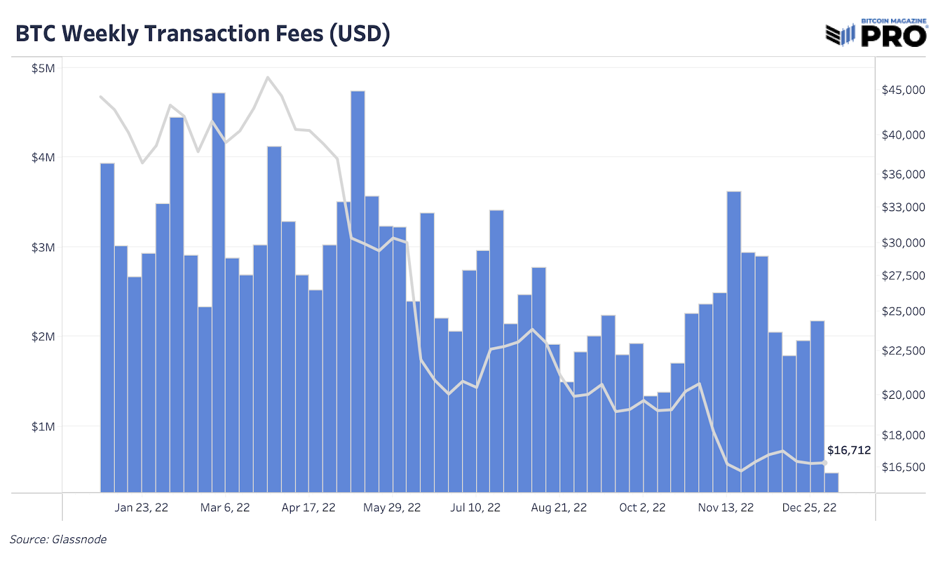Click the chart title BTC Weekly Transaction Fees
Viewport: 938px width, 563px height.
202,33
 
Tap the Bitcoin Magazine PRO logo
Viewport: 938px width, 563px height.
876,34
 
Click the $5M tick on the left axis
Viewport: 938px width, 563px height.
43,69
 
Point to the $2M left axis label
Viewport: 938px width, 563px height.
43,337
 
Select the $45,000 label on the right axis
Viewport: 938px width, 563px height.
903,90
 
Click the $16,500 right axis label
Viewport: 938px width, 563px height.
903,467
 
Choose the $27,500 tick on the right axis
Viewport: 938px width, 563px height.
903,276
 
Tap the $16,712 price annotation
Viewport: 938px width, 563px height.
848,450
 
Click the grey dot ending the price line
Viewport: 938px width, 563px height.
825,463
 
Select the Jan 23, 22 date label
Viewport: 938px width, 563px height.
141,507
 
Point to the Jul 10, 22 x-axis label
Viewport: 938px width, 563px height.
475,507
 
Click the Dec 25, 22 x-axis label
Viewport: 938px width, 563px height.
809,507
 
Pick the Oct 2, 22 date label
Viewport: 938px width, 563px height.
642,507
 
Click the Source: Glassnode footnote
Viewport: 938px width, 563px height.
58,539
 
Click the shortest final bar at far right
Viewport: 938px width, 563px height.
831,482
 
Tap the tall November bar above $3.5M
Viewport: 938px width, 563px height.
733,340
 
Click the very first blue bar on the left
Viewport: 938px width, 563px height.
107,328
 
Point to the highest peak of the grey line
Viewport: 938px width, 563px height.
267,77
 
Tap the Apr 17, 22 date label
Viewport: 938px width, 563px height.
308,507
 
